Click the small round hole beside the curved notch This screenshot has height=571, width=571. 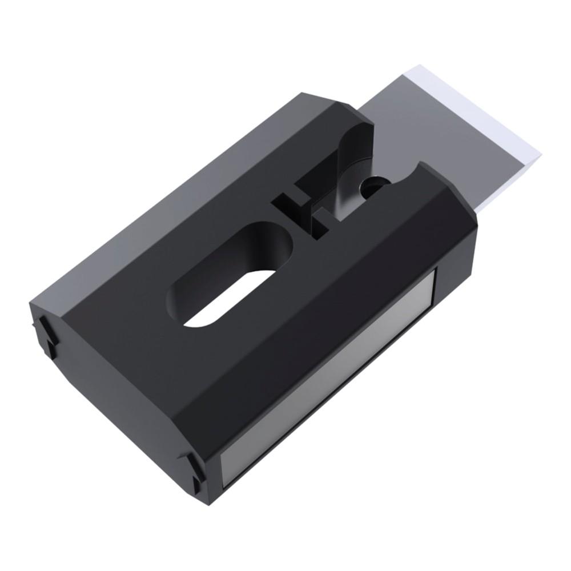tap(375, 186)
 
